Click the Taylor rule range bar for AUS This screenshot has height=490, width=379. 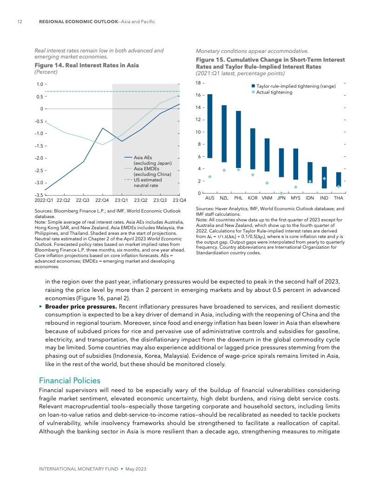point(210,126)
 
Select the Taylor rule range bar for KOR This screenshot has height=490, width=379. point(253,148)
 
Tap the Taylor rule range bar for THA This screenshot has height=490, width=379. point(339,180)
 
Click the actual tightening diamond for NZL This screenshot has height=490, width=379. point(224,170)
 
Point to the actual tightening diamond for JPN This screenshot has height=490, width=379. point(281,193)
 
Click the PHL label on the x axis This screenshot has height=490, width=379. point(239,198)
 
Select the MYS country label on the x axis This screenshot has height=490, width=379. point(295,198)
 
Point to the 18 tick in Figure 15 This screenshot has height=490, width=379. point(197,84)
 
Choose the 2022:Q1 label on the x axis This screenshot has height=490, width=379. point(44,200)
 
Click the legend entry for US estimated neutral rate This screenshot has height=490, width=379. point(148,182)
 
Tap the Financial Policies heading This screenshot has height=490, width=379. point(69,380)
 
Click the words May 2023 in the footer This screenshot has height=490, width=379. point(136,470)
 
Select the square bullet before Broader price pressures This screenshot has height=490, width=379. point(40,307)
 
